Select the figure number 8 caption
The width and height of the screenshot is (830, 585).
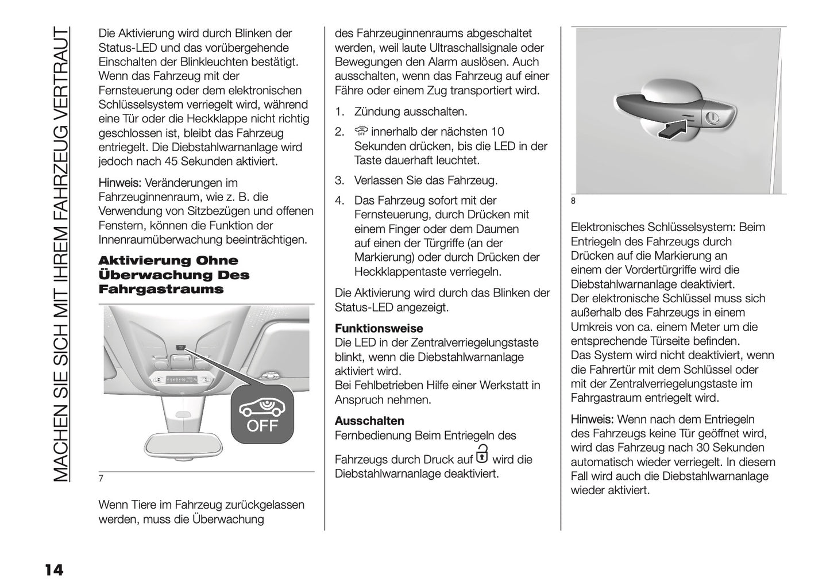(x=573, y=201)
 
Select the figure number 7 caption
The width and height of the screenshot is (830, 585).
(x=101, y=479)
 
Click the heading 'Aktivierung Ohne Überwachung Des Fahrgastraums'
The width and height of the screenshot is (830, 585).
(x=174, y=275)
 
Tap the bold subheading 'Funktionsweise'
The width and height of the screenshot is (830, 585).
(x=379, y=329)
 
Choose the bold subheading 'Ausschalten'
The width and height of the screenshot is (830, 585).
(x=369, y=421)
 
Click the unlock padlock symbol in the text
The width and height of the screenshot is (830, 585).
(x=482, y=453)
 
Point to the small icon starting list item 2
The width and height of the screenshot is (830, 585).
(x=360, y=132)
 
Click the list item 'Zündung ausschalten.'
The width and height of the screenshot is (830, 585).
(x=411, y=111)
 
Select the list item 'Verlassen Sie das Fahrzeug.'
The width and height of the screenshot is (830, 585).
(x=426, y=180)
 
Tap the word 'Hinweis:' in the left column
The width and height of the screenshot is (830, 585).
(x=119, y=183)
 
